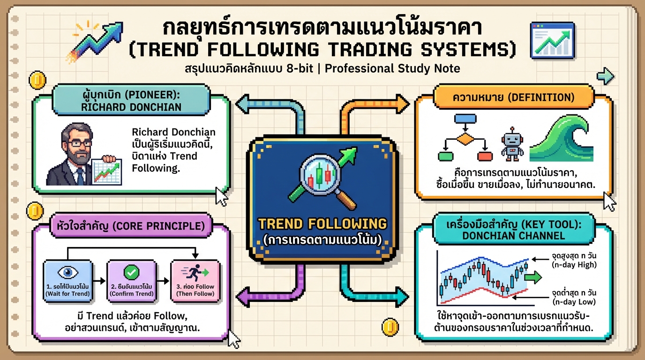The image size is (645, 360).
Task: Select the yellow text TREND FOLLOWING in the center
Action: click(x=323, y=224)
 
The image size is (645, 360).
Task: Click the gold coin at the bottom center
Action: click(x=390, y=327)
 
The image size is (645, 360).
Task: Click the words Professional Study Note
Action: click(x=392, y=68)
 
